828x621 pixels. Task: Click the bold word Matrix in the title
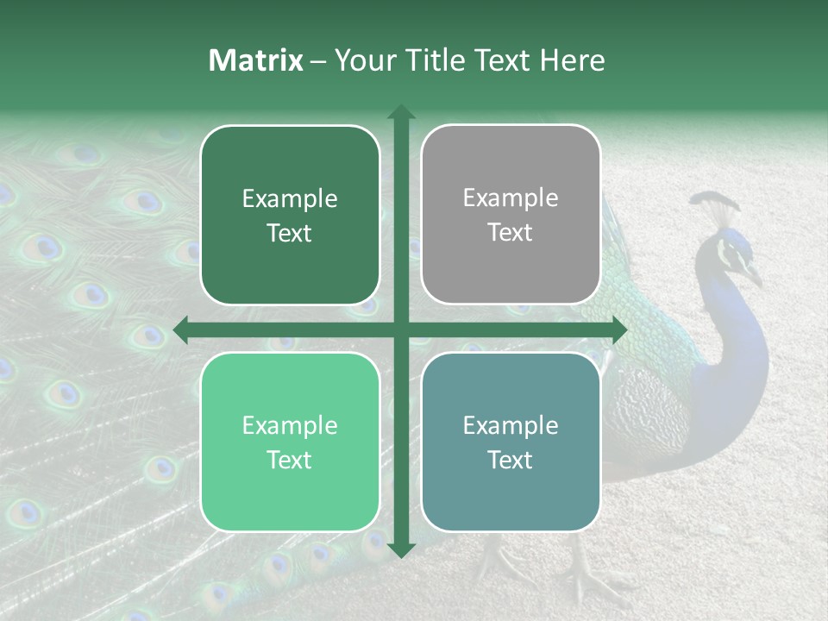click(255, 60)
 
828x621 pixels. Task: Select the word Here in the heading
click(572, 60)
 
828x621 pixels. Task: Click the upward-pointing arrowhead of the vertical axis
click(400, 113)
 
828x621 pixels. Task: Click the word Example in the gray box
click(511, 198)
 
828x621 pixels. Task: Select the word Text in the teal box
click(511, 460)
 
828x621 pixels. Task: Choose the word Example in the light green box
click(290, 425)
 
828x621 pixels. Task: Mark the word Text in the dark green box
click(290, 233)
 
